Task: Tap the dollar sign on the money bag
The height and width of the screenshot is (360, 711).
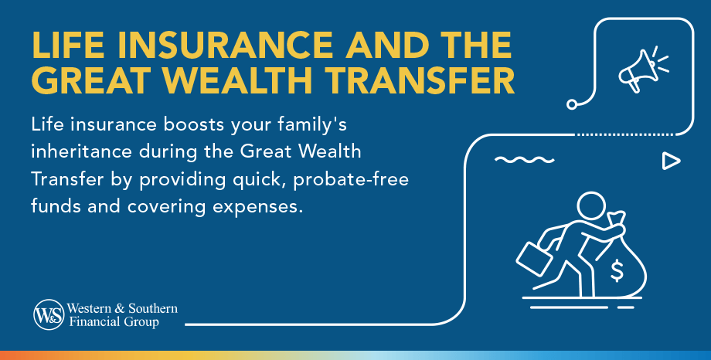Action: coord(617,270)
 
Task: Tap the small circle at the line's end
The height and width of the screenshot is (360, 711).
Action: coord(572,104)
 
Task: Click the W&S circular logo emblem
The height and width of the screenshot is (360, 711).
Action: coord(48,315)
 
